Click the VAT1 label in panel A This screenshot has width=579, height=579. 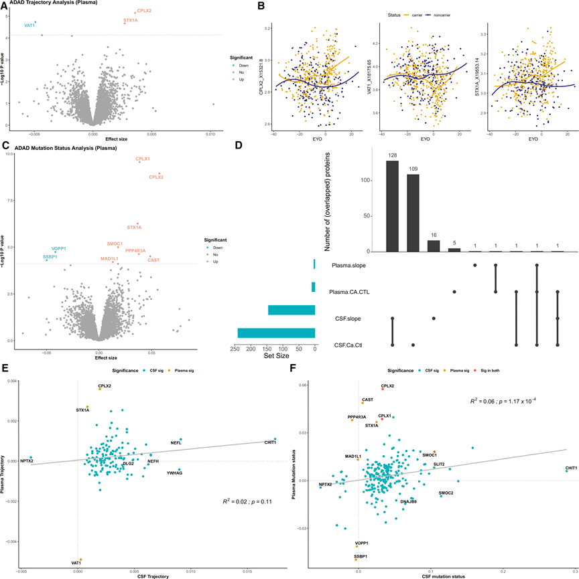29,25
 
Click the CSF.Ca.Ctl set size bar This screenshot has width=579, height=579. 276,333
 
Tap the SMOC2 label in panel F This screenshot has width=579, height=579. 446,493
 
